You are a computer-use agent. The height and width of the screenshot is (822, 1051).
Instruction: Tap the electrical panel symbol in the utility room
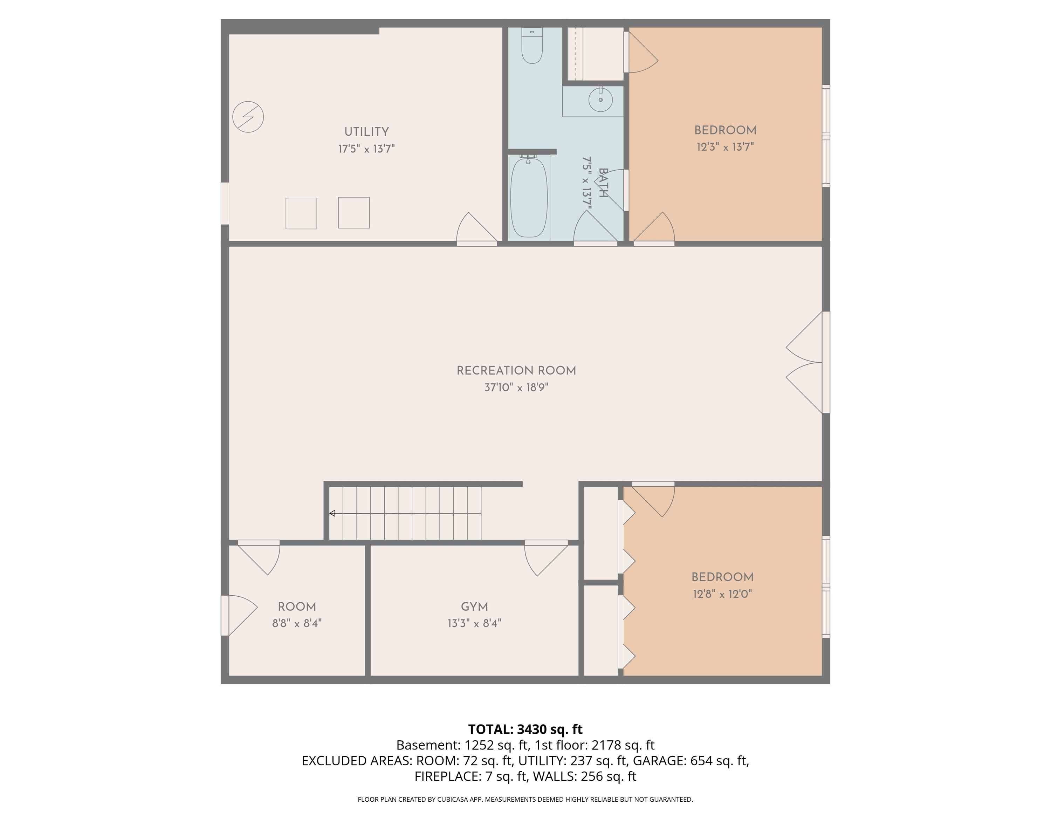coord(248,116)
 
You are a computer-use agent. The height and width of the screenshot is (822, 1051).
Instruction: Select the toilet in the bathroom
coord(532,46)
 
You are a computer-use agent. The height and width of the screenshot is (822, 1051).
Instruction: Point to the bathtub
coord(529,197)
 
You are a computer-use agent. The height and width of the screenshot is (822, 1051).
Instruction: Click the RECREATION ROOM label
coord(516,371)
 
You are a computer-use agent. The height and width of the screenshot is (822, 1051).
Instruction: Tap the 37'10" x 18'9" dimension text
coord(516,388)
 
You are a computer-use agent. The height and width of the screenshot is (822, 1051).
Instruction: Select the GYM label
coord(474,607)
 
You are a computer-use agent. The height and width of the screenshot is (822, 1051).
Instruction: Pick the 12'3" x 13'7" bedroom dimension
coord(725,147)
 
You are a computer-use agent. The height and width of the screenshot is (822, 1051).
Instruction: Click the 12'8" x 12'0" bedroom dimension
coord(722,594)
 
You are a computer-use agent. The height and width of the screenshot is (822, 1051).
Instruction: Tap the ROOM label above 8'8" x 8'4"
coord(297,607)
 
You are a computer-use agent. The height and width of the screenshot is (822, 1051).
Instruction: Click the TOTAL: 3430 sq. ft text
coord(525,729)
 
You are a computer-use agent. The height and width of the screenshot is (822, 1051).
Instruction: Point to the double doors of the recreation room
coord(804,362)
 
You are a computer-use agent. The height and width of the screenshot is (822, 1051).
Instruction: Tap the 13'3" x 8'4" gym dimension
coord(474,623)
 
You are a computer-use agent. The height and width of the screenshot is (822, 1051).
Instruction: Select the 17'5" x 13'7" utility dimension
coord(367,149)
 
